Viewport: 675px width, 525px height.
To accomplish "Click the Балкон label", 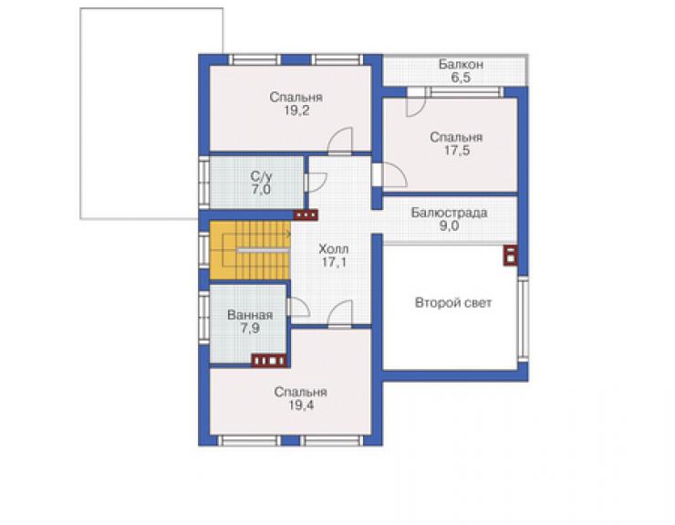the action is (x=461, y=65).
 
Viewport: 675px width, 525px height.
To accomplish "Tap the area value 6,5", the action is (x=461, y=78).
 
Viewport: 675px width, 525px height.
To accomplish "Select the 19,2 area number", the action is (x=296, y=110).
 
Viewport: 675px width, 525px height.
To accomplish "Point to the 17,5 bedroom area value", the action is (x=457, y=151).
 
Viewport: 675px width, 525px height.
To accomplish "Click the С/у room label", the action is (x=261, y=176).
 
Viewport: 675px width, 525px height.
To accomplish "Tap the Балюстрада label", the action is (x=449, y=213).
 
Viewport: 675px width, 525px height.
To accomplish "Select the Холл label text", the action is (x=334, y=249).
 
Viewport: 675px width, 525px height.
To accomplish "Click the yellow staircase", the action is (x=250, y=250).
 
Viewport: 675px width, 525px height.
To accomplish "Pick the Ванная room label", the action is (x=250, y=315).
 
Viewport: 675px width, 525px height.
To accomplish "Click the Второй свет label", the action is (x=452, y=302).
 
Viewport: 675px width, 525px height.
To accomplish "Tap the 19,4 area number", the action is (x=301, y=405).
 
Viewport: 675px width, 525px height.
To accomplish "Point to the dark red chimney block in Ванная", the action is (x=269, y=361).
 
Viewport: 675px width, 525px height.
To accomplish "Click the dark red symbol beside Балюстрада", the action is (x=510, y=255).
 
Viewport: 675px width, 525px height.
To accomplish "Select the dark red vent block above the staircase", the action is (x=306, y=215).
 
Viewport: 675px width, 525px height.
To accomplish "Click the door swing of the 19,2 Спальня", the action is (x=340, y=141).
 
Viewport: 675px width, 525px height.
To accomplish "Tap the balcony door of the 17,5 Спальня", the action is (x=416, y=102).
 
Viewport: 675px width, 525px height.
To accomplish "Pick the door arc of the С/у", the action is (x=316, y=182).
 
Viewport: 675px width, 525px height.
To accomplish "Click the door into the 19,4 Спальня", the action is (x=340, y=314).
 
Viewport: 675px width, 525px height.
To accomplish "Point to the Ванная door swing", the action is (x=298, y=307).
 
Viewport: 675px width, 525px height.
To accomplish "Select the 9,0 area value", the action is (x=449, y=226).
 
